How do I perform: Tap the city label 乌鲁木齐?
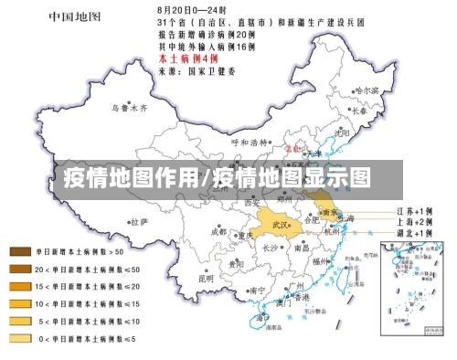[129, 107]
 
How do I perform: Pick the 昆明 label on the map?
[207, 279]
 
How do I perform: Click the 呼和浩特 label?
[250, 143]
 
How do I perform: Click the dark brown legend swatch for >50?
[20, 250]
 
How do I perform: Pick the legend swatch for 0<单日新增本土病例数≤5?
[20, 339]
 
